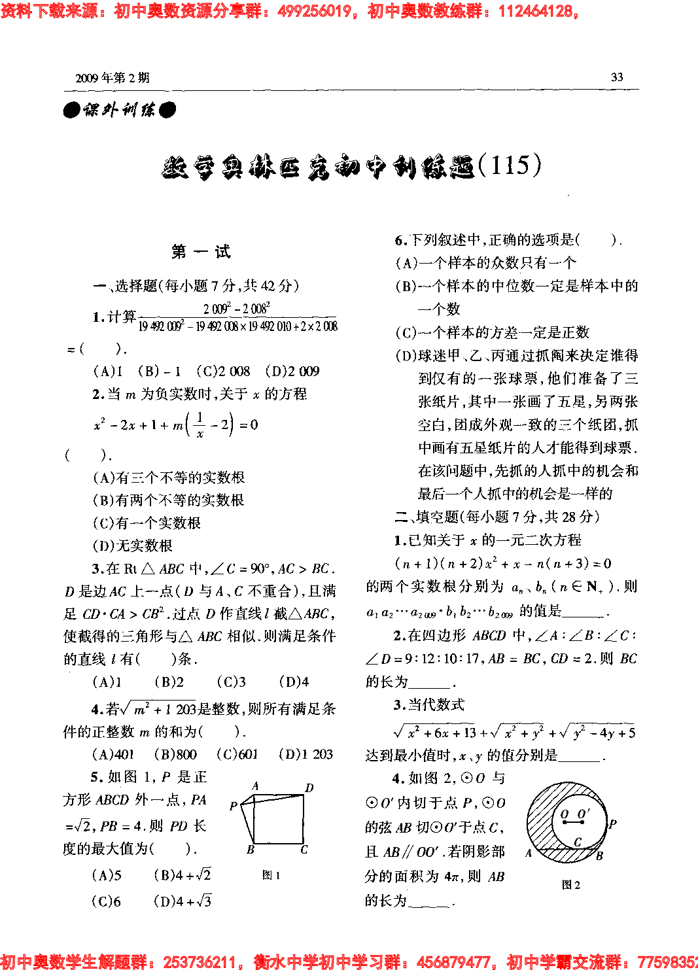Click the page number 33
click(x=616, y=77)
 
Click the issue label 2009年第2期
click(x=113, y=78)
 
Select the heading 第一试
click(x=201, y=252)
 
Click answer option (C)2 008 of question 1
click(x=223, y=372)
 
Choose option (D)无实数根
click(x=133, y=546)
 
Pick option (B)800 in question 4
click(x=175, y=754)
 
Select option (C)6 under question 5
click(x=107, y=901)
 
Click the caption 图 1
click(x=271, y=875)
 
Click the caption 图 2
click(x=570, y=885)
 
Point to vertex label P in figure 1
click(x=234, y=806)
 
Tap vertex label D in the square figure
click(x=309, y=788)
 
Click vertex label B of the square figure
click(x=250, y=850)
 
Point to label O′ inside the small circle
click(x=584, y=814)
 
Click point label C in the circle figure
click(x=578, y=842)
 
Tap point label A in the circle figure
click(x=529, y=853)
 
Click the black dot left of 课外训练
click(x=71, y=110)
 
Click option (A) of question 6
click(x=485, y=263)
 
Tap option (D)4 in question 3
click(x=294, y=682)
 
